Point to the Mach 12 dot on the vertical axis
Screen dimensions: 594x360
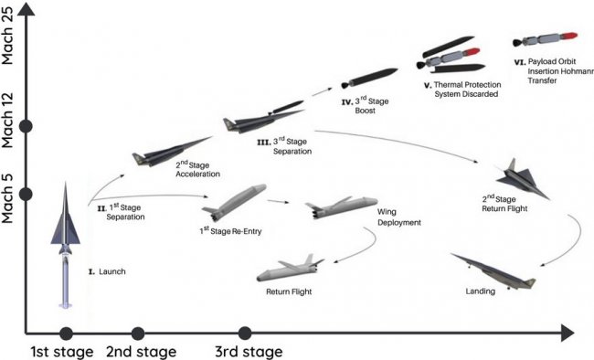[26, 126]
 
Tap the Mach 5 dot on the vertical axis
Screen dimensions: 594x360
[26, 194]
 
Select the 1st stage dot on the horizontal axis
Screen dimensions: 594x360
[67, 334]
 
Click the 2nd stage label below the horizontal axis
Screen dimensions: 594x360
[141, 352]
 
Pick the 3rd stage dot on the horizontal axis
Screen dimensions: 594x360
[244, 334]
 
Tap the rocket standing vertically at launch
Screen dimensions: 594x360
[66, 245]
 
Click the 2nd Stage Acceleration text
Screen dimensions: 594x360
[197, 169]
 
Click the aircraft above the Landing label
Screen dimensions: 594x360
[493, 272]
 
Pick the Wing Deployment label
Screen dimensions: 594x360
[399, 217]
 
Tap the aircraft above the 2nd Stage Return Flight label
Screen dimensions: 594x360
[522, 179]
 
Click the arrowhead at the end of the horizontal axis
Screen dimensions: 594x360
[567, 334]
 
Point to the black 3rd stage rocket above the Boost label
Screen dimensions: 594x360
[369, 78]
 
